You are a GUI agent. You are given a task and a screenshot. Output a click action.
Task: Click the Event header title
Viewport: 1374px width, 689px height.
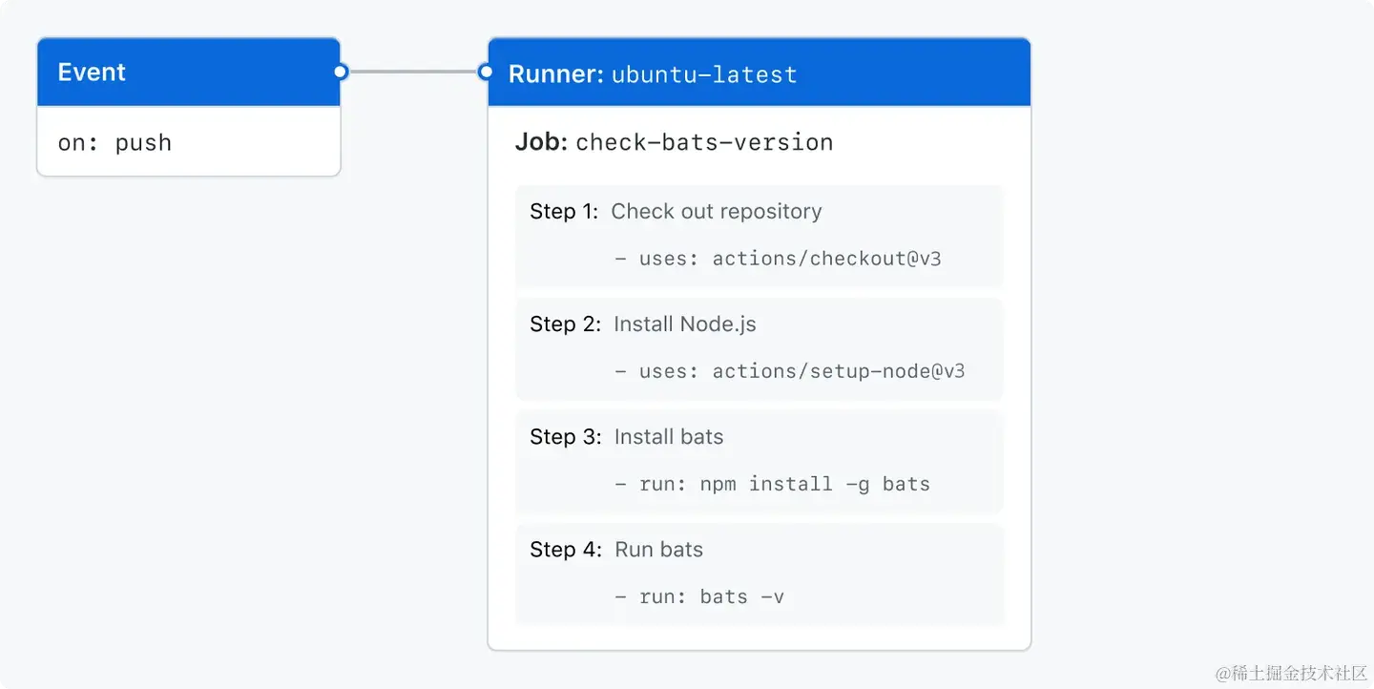(x=92, y=73)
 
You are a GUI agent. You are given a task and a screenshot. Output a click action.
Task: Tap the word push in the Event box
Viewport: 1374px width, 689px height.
(x=143, y=143)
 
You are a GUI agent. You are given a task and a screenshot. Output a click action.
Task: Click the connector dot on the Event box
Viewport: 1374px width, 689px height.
(x=341, y=72)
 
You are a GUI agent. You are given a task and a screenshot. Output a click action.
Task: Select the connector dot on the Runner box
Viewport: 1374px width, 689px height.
(x=486, y=72)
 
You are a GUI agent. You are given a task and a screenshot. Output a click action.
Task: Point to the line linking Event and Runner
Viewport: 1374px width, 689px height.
(x=413, y=72)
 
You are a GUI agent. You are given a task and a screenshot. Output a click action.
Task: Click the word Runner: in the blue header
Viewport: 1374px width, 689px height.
(x=555, y=73)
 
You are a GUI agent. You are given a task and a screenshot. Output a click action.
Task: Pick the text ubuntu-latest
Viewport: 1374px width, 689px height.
(x=704, y=74)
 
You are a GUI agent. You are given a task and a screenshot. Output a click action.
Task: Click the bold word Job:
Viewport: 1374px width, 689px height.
(x=541, y=142)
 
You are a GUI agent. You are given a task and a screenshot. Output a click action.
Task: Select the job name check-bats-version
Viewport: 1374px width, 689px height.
(x=704, y=143)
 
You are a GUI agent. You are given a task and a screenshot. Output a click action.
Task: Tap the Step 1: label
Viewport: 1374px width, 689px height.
(x=566, y=211)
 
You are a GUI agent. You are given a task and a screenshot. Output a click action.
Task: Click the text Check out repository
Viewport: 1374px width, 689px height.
(x=716, y=211)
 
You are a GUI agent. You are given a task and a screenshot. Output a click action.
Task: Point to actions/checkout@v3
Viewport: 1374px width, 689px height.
(x=826, y=258)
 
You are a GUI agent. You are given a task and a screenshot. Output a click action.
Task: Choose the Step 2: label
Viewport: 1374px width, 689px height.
(x=566, y=324)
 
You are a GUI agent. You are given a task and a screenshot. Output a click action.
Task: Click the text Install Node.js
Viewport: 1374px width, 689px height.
(x=684, y=324)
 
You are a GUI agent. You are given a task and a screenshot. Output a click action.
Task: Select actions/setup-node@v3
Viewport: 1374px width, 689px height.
(x=839, y=370)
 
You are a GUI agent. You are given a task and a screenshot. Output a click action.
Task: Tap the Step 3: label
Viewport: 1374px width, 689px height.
(x=566, y=436)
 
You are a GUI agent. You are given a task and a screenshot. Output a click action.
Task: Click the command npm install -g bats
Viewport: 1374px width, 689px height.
(x=815, y=484)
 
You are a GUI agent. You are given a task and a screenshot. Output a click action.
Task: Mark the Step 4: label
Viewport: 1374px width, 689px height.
(x=566, y=549)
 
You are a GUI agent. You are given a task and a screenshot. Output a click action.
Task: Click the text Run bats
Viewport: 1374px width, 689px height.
(x=658, y=549)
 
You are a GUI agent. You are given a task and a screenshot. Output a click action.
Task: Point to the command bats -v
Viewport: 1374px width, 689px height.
(x=741, y=596)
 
